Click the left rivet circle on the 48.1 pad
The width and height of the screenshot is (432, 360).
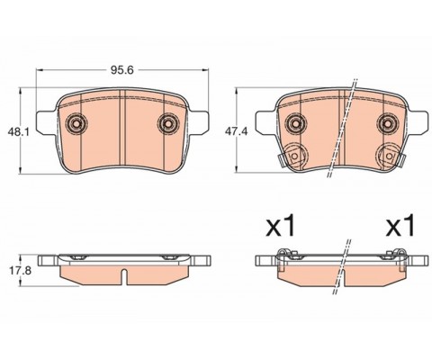76,123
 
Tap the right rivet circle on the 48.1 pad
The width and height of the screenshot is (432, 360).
167,123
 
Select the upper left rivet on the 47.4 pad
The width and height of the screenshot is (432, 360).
294,123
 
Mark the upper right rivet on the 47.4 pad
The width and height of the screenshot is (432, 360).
387,123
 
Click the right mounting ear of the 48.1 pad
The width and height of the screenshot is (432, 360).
200,119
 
